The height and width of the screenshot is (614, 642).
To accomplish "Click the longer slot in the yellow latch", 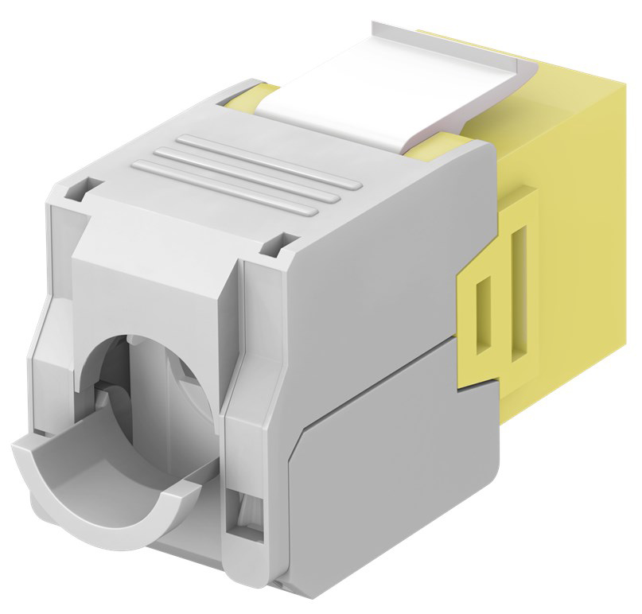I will coord(519,290).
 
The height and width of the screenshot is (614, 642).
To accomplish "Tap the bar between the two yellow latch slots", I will coord(500,302).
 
